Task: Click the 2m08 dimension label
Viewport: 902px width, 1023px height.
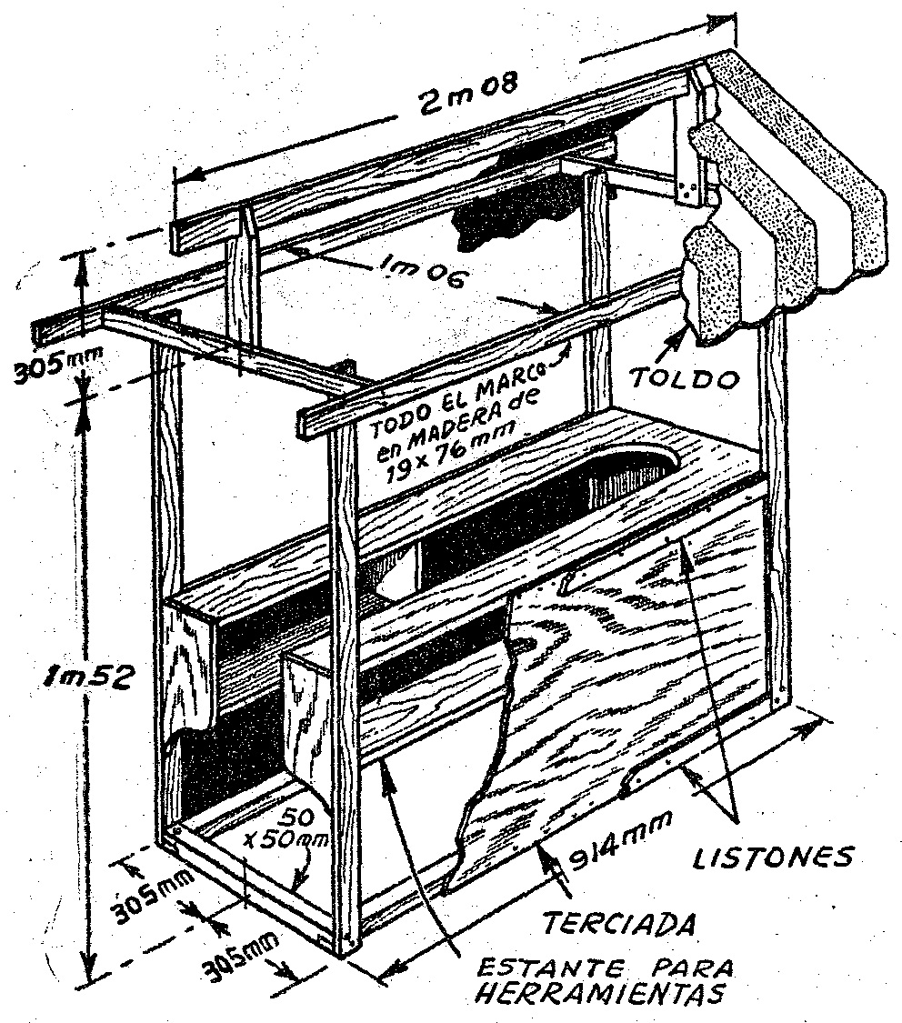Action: click(x=469, y=94)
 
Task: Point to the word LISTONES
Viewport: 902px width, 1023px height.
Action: click(x=773, y=858)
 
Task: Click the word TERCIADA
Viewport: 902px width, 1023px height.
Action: click(x=618, y=924)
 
